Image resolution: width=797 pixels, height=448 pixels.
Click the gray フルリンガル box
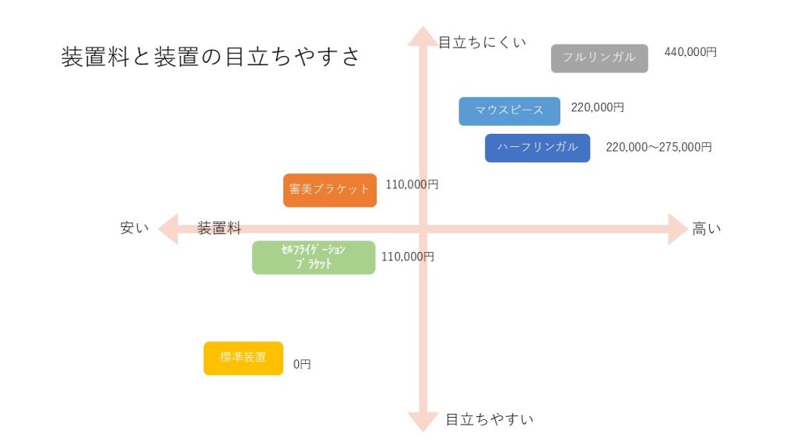click(599, 58)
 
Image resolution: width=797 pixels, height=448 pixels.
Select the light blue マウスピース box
click(509, 111)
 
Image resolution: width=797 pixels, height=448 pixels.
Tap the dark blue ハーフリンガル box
click(537, 148)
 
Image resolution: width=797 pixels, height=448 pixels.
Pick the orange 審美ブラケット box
click(329, 190)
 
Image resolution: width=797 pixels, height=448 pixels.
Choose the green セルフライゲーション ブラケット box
click(313, 257)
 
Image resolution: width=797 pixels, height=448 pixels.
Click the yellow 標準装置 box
click(243, 359)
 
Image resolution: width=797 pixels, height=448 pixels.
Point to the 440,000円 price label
click(690, 52)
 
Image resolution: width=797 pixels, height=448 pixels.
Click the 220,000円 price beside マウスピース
click(597, 107)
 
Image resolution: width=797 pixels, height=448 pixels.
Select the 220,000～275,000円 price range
click(658, 146)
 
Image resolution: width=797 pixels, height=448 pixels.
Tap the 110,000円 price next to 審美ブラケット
click(412, 185)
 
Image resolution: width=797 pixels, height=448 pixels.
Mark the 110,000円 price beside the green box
click(407, 256)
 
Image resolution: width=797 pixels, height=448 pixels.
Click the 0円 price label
click(302, 364)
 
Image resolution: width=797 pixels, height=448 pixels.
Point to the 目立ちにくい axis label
click(482, 42)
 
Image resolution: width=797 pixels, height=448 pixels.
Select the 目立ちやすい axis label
click(490, 420)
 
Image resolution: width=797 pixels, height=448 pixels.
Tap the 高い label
click(707, 229)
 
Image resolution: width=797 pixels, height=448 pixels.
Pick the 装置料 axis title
click(219, 229)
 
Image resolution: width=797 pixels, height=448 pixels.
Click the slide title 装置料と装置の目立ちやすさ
click(211, 57)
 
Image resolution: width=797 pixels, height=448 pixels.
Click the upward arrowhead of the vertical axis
click(420, 36)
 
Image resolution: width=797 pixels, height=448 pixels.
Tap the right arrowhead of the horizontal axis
click(677, 229)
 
